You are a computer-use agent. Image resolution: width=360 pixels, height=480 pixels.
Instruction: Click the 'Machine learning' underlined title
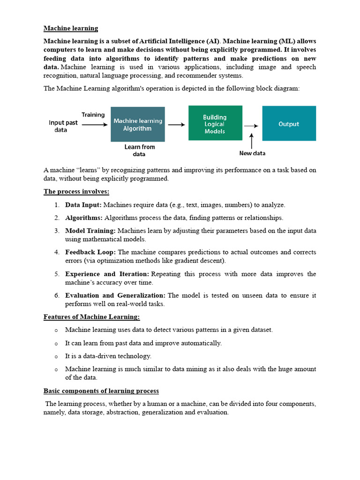pyautogui.click(x=71, y=28)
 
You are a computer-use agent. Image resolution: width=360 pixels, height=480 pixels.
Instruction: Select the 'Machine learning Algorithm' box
pyautogui.click(x=138, y=124)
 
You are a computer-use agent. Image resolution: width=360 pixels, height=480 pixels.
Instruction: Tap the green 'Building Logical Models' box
pyautogui.click(x=215, y=123)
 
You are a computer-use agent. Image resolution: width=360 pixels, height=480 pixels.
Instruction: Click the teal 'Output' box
pyautogui.click(x=289, y=124)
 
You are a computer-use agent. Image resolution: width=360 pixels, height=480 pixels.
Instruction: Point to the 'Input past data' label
pyautogui.click(x=63, y=126)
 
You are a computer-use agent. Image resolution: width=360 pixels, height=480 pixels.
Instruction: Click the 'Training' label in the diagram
pyautogui.click(x=93, y=115)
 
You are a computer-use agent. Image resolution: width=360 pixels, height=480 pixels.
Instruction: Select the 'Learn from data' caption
pyautogui.click(x=139, y=150)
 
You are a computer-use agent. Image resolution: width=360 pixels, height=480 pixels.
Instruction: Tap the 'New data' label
pyautogui.click(x=252, y=153)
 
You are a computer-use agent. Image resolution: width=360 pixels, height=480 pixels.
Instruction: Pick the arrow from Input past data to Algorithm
pyautogui.click(x=94, y=125)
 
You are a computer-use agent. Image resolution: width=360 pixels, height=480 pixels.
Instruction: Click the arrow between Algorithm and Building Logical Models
pyautogui.click(x=176, y=125)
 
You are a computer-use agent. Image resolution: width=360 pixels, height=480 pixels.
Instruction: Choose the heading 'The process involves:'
pyautogui.click(x=76, y=191)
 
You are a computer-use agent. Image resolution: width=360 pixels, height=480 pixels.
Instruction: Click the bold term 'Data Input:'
pyautogui.click(x=83, y=205)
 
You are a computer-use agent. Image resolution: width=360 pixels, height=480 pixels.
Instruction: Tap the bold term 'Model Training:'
pyautogui.click(x=90, y=231)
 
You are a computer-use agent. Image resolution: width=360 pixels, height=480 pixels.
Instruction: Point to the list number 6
pyautogui.click(x=56, y=295)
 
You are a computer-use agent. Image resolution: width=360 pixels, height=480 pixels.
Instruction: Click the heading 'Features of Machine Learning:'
pyautogui.click(x=92, y=317)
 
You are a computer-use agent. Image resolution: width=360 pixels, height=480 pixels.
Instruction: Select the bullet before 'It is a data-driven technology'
pyautogui.click(x=56, y=357)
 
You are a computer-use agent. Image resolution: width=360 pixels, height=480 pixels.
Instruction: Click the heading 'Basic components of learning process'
pyautogui.click(x=101, y=391)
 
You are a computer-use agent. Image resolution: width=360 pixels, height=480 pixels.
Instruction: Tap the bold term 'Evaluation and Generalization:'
pyautogui.click(x=115, y=295)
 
